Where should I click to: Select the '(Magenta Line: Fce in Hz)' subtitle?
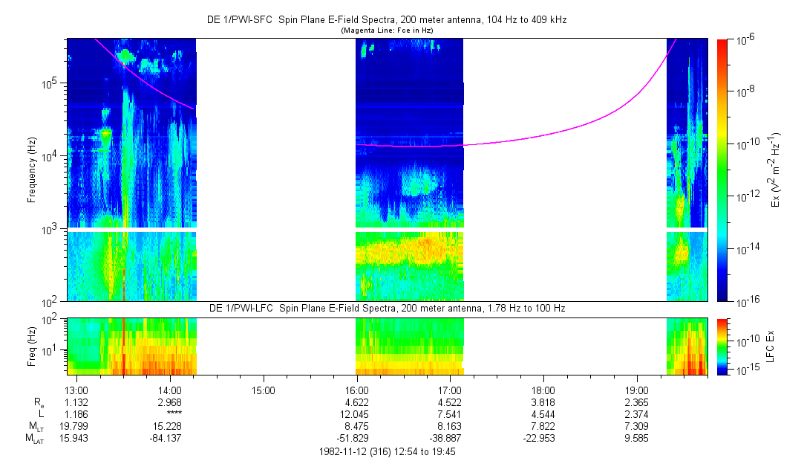pyautogui.click(x=386, y=30)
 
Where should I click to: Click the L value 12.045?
pyautogui.click(x=357, y=413)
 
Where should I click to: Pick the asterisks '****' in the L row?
pyautogui.click(x=171, y=413)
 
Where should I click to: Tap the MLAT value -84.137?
pyautogui.click(x=171, y=437)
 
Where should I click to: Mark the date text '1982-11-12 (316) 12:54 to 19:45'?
pyautogui.click(x=386, y=451)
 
